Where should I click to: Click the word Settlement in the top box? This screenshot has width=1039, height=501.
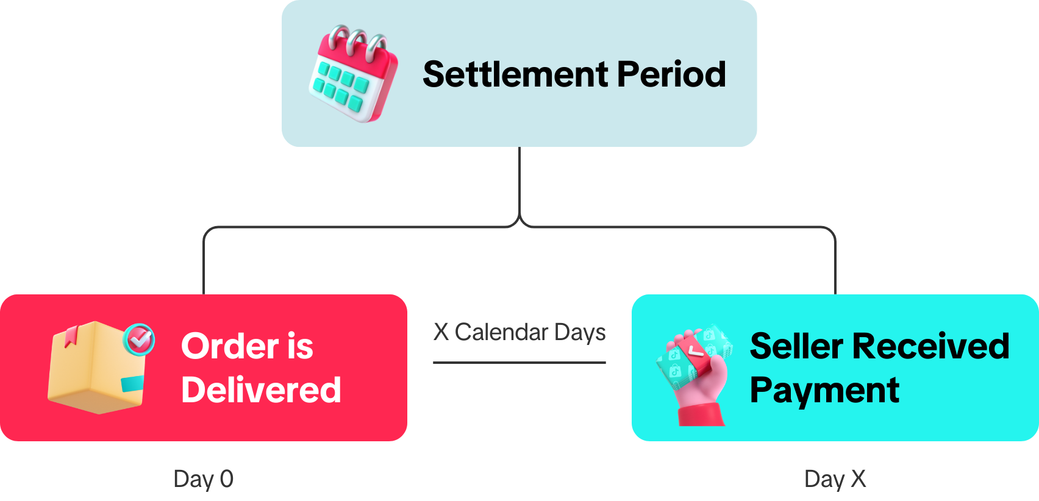pyautogui.click(x=516, y=74)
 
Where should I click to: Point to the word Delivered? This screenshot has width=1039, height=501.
pyautogui.click(x=261, y=390)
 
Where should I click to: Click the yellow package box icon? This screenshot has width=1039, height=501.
pyautogui.click(x=96, y=369)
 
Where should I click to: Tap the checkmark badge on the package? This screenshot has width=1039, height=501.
pyautogui.click(x=140, y=338)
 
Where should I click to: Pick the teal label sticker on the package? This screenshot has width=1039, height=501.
pyautogui.click(x=132, y=384)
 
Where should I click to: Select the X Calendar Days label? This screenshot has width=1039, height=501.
pyautogui.click(x=519, y=332)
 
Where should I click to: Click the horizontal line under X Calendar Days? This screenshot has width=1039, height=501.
pyautogui.click(x=519, y=363)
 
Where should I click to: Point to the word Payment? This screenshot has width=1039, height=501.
pyautogui.click(x=824, y=390)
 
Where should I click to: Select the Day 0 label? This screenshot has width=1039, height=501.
pyautogui.click(x=203, y=479)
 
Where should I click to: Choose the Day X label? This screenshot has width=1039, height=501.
pyautogui.click(x=835, y=479)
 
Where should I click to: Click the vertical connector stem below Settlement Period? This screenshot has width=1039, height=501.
pyautogui.click(x=519, y=183)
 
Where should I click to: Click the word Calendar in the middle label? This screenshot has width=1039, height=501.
pyautogui.click(x=501, y=332)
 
